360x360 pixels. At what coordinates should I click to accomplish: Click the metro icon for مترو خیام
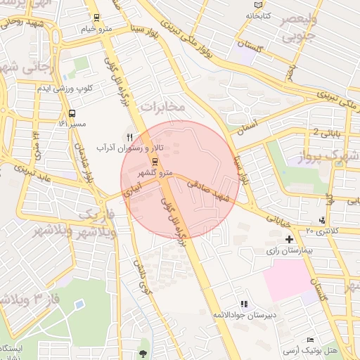point(96,18)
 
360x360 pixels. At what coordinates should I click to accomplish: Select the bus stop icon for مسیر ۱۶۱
point(72,112)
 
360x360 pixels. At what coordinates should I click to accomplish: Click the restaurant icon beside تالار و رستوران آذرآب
point(129,136)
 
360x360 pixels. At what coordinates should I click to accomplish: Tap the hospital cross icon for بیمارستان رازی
point(289,240)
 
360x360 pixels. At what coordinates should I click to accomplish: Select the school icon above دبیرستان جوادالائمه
point(244,304)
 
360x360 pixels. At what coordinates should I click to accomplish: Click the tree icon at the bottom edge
point(144,354)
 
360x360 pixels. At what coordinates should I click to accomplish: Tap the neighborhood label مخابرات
point(163,106)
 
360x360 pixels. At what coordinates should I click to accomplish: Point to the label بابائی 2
point(326,132)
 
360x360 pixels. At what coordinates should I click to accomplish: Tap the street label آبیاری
point(133,184)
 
